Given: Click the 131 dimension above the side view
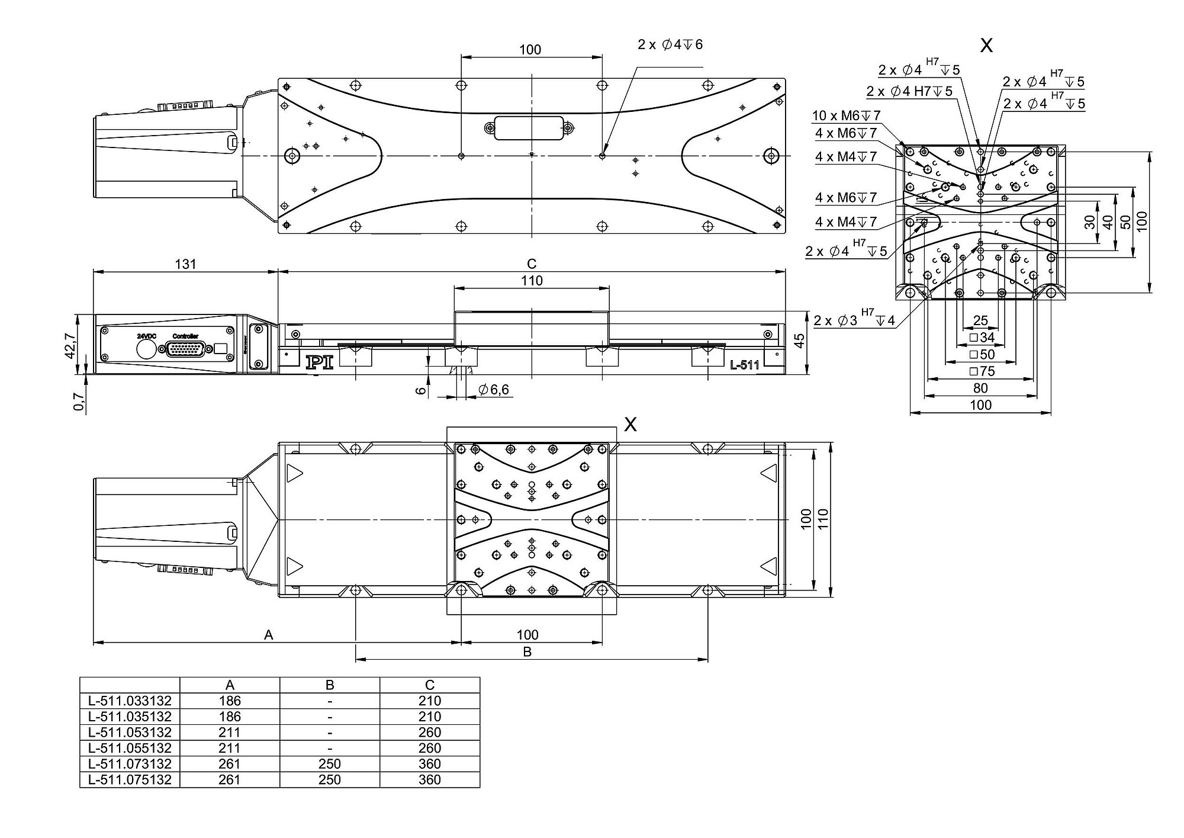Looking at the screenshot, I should [x=185, y=264].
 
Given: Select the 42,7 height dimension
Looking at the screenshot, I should [x=70, y=345].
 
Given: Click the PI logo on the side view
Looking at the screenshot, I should [x=319, y=362].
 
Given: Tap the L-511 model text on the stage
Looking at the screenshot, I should [x=744, y=365].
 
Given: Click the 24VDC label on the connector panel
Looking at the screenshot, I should [x=146, y=336].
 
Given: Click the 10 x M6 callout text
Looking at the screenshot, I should [x=846, y=115].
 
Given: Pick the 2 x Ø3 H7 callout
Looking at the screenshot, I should [x=854, y=320].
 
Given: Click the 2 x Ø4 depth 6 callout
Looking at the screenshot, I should [x=670, y=45].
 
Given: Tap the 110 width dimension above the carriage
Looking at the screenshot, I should [x=532, y=281].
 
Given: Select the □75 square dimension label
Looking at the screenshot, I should [x=982, y=371].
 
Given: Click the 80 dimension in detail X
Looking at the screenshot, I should [x=980, y=388].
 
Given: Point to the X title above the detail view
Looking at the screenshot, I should [x=986, y=46].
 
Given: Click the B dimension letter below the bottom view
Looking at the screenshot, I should [x=527, y=652].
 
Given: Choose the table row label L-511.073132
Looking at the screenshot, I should [x=130, y=764].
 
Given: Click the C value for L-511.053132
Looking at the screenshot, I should [x=429, y=733].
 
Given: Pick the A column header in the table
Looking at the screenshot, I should [x=230, y=685].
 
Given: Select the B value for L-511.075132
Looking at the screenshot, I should [x=329, y=779].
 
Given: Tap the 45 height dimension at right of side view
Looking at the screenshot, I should [x=799, y=342].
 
